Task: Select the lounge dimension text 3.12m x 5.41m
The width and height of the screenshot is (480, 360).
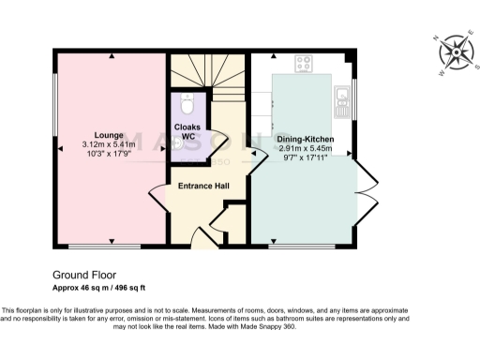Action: click(110, 144)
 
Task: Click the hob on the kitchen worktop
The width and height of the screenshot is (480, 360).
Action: click(305, 64)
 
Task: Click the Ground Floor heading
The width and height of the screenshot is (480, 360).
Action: click(83, 276)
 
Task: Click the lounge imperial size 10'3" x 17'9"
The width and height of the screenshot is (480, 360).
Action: click(110, 155)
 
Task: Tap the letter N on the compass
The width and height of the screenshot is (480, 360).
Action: click(436, 37)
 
